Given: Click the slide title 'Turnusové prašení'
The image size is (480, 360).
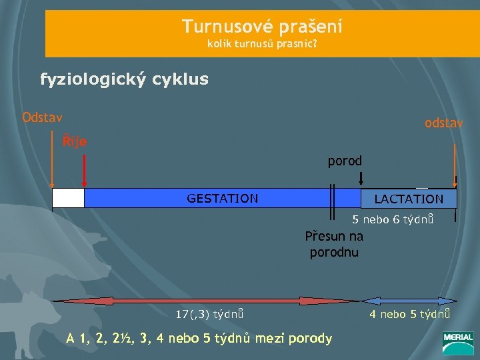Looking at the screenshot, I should (262, 27).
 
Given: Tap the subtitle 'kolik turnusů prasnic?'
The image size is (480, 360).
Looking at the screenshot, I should (262, 46).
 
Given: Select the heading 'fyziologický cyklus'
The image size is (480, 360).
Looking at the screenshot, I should (124, 80).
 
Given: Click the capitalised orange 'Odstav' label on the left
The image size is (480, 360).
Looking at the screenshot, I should (42, 118).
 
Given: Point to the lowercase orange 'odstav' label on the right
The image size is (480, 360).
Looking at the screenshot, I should (444, 124).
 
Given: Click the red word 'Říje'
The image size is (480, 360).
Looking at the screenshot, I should (74, 141).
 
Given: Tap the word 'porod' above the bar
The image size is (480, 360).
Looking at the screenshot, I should (345, 161).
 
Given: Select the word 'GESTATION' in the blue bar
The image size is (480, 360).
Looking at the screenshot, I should (222, 198).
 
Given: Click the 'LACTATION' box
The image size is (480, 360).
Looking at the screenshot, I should (409, 199).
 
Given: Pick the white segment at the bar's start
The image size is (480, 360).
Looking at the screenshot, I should (68, 198).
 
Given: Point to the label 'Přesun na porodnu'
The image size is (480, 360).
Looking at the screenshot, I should (334, 244).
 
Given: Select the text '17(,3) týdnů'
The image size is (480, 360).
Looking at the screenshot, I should (209, 313).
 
